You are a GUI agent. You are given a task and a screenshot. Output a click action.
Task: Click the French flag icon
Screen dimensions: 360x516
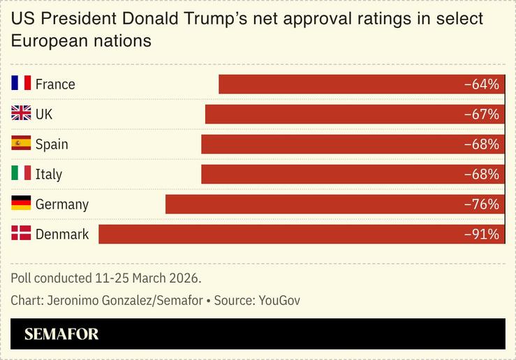pyautogui.click(x=21, y=84)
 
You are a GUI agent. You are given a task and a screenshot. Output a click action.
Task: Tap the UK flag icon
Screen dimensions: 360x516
pyautogui.click(x=21, y=114)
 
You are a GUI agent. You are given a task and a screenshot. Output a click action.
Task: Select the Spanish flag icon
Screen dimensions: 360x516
pyautogui.click(x=21, y=144)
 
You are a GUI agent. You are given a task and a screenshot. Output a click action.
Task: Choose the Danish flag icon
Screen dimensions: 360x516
pyautogui.click(x=21, y=234)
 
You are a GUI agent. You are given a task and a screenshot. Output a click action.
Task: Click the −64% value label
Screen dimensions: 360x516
pyautogui.click(x=482, y=84)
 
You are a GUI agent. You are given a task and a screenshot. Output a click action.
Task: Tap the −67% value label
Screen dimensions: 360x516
pyautogui.click(x=482, y=114)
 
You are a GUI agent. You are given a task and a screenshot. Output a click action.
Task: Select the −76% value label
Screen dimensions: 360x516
pyautogui.click(x=482, y=204)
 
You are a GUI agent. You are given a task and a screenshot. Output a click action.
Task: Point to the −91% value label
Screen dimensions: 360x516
pyautogui.click(x=482, y=234)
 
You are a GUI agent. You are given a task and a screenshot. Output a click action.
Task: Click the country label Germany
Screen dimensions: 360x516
pyautogui.click(x=62, y=204)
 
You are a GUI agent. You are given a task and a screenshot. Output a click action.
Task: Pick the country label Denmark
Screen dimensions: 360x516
pyautogui.click(x=62, y=234)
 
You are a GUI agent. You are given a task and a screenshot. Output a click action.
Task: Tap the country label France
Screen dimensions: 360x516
pyautogui.click(x=55, y=84)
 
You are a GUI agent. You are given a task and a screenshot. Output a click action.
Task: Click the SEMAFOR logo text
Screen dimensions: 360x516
pyautogui.click(x=61, y=334)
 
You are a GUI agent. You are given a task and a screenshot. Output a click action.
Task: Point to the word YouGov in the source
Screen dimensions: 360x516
pyautogui.click(x=279, y=301)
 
